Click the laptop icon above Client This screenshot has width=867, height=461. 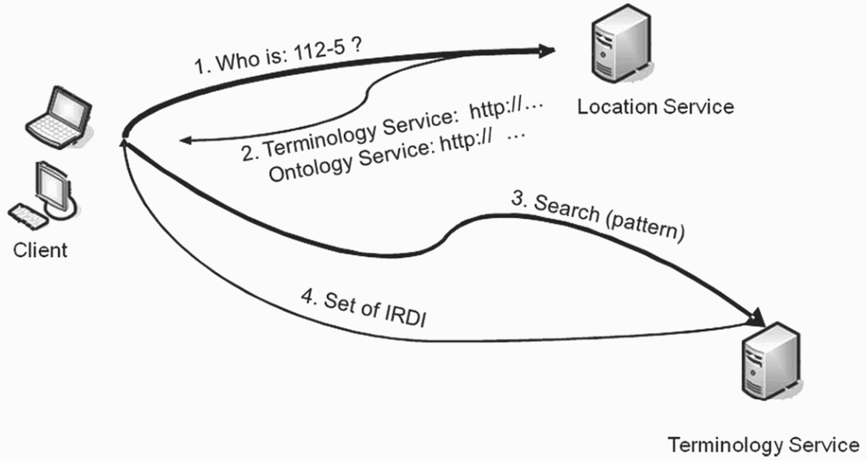pyautogui.click(x=59, y=118)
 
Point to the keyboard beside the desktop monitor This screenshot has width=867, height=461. pyautogui.click(x=28, y=217)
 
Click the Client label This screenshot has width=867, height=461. pyautogui.click(x=40, y=250)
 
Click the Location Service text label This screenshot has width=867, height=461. pyautogui.click(x=656, y=107)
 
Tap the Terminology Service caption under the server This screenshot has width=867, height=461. pyautogui.click(x=764, y=445)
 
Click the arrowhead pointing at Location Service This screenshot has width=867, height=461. pyautogui.click(x=547, y=51)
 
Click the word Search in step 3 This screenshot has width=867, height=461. pyautogui.click(x=566, y=209)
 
